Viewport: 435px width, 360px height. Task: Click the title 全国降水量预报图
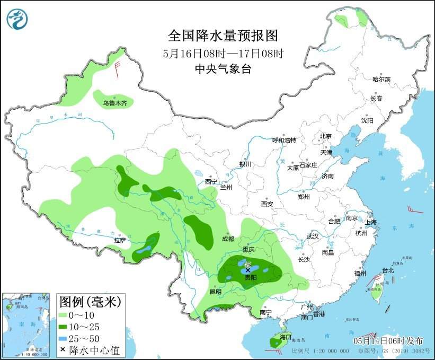pos(223,36)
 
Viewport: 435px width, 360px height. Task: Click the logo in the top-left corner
pos(17,19)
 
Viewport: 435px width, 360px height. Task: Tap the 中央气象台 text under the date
pos(223,68)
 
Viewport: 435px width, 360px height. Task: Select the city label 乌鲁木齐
pos(115,103)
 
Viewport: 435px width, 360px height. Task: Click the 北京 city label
pos(325,136)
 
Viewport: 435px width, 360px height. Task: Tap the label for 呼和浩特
pos(284,140)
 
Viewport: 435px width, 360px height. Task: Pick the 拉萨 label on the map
pos(120,240)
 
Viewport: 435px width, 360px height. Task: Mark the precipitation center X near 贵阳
pos(247,270)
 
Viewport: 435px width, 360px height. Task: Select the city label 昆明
pos(216,292)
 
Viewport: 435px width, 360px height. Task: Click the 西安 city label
pos(267,204)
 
